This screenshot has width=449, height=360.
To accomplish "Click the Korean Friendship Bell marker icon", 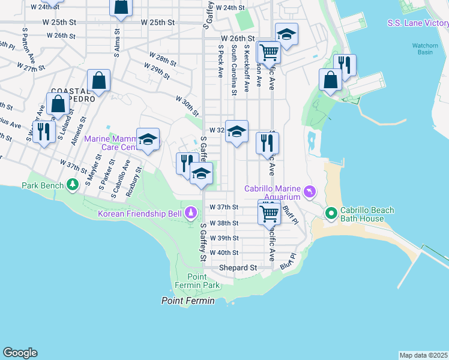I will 191,212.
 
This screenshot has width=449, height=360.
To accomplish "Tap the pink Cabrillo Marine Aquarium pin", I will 310,192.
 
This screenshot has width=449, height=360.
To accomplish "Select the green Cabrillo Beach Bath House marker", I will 331,213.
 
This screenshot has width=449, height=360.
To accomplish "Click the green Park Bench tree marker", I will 73,184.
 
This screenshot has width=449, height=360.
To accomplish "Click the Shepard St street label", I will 238,267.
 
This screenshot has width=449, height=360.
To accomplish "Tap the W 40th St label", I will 224,253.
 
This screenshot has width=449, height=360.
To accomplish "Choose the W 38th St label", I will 224,223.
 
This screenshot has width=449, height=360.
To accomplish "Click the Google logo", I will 20,353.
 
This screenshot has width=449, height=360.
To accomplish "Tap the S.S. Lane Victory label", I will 418,23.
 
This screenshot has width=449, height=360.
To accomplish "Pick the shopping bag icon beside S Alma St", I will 121,7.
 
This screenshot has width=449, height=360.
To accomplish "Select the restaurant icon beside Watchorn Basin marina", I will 345,64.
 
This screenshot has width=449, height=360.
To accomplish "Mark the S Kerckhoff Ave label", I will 247,71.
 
